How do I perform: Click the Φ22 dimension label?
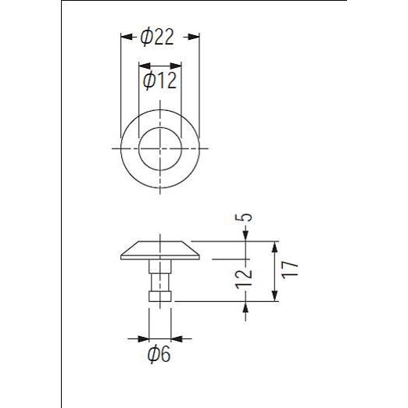[157, 38]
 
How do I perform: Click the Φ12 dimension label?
[159, 81]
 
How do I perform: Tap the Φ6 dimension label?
[159, 354]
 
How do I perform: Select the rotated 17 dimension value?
[290, 270]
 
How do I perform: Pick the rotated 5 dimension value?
[246, 217]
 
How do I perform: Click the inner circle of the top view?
[160, 127]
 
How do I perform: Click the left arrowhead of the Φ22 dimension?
[127, 37]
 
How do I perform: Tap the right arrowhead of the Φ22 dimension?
[194, 37]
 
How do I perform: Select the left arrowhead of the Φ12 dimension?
[145, 66]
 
